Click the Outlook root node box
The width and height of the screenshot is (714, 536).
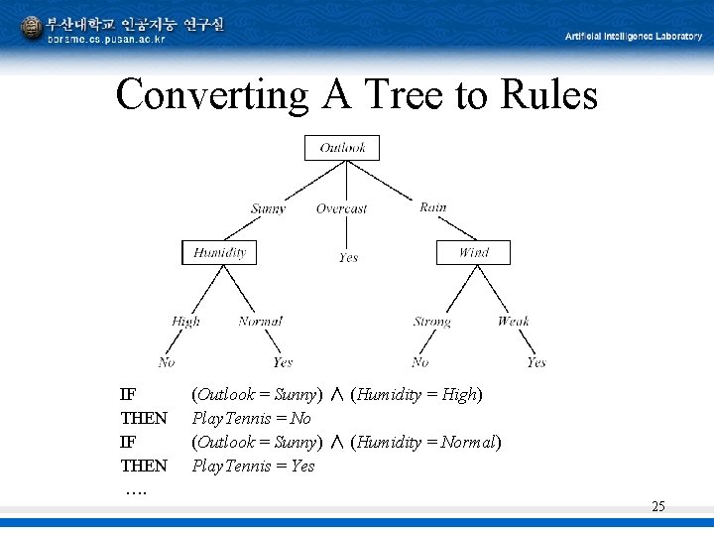[342, 148]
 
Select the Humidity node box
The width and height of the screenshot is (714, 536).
[219, 252]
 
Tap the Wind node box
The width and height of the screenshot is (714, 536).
[473, 252]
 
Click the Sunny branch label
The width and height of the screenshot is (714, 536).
[268, 208]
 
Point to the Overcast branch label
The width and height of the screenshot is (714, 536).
[341, 208]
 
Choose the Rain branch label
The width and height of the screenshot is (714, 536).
[432, 207]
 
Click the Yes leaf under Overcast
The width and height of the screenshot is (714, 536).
[348, 258]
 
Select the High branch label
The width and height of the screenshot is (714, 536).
[185, 321]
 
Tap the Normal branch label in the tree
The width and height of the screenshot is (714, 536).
[260, 321]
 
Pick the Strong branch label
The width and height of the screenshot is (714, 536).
[431, 322]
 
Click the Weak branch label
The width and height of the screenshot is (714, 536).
[513, 321]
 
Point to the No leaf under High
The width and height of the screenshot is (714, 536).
[167, 362]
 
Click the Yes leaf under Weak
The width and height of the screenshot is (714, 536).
[535, 362]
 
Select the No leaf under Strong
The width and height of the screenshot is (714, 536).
[420, 362]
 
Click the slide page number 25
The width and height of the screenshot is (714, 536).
[658, 507]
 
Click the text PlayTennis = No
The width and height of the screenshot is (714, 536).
[251, 418]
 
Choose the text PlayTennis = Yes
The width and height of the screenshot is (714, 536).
[253, 466]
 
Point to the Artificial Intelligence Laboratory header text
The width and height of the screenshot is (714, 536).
[633, 37]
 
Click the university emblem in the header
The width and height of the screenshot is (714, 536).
[32, 28]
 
